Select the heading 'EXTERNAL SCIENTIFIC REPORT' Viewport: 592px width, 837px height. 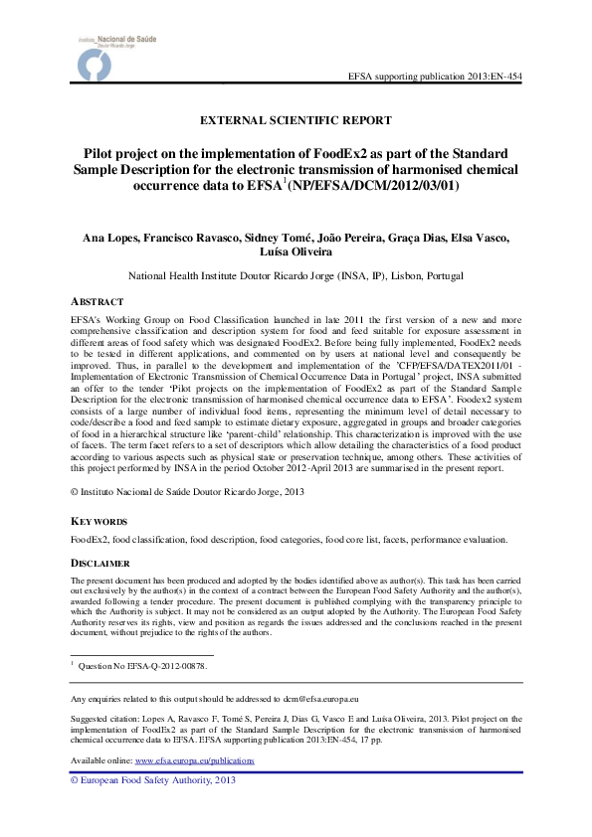point(296,120)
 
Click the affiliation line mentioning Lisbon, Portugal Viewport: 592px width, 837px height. point(296,275)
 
